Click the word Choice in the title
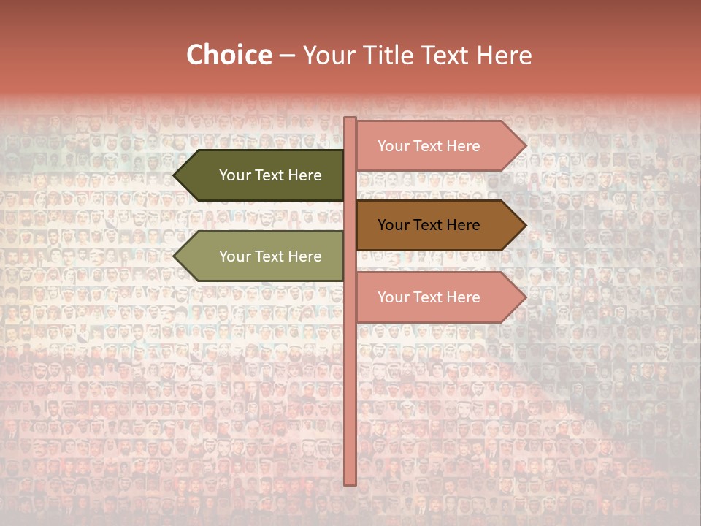tap(229, 56)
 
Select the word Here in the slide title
tap(504, 56)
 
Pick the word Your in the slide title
tap(326, 56)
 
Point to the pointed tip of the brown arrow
tap(524, 226)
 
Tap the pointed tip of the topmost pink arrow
tap(524, 146)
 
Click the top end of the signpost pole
tap(350, 119)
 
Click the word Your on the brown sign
tap(393, 225)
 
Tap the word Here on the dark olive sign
tap(305, 175)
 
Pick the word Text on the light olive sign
tap(270, 256)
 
